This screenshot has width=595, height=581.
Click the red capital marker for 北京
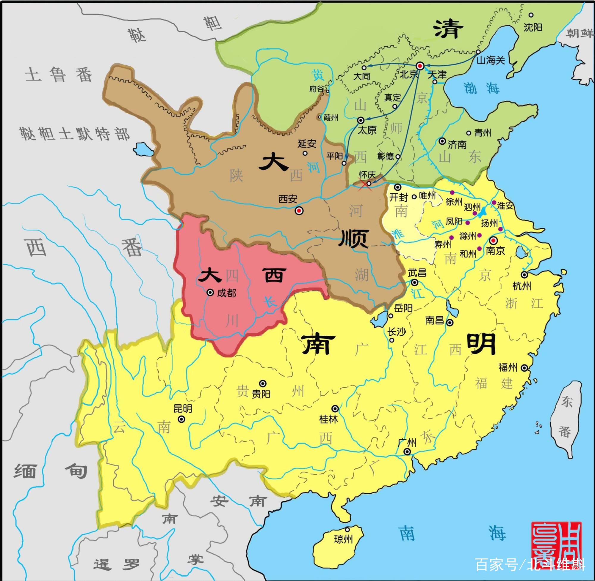[x=420, y=66]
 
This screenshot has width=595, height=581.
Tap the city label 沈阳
[x=533, y=27]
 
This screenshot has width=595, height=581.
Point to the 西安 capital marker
[x=299, y=211]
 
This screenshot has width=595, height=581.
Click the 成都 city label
[x=226, y=293]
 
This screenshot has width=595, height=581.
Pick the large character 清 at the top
[x=448, y=29]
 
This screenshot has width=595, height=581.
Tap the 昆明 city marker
[x=181, y=419]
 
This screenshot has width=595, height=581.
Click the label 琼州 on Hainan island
[x=343, y=539]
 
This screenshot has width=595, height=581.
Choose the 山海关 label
[x=491, y=60]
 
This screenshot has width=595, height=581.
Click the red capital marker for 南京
[x=493, y=241]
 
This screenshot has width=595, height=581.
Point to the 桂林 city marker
[x=335, y=409]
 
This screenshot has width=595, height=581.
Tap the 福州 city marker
[x=524, y=368]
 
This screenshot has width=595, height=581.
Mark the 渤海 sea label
[x=481, y=89]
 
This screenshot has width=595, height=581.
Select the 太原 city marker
[x=361, y=120]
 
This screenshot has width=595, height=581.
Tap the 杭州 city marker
[x=524, y=275]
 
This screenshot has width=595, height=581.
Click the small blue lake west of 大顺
[x=143, y=149]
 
